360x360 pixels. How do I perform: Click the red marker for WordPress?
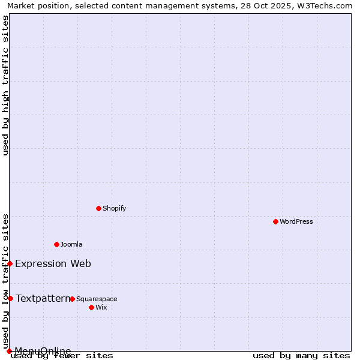pos(275,221)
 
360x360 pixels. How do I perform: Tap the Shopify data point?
pos(98,208)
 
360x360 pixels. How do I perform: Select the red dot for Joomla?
pos(56,244)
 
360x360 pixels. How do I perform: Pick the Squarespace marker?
pos(72,299)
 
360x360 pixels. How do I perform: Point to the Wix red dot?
pos(91,307)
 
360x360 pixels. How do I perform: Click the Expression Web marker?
pos(10,263)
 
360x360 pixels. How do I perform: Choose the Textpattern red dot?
pos(10,298)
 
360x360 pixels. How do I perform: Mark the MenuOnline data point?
pos(9,351)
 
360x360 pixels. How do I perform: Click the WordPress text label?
pos(296,221)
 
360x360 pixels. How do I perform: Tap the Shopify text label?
pos(114,208)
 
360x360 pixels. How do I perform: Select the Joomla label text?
pos(71,244)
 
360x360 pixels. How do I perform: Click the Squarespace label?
pos(97,299)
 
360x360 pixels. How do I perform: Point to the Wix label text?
pos(101,307)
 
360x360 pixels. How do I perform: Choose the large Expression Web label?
pos(53,263)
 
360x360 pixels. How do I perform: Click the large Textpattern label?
pos(43,298)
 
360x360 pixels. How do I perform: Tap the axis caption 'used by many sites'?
pos(301,355)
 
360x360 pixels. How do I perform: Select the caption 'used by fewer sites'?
pos(62,355)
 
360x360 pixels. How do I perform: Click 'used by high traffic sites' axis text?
pos(5,86)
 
